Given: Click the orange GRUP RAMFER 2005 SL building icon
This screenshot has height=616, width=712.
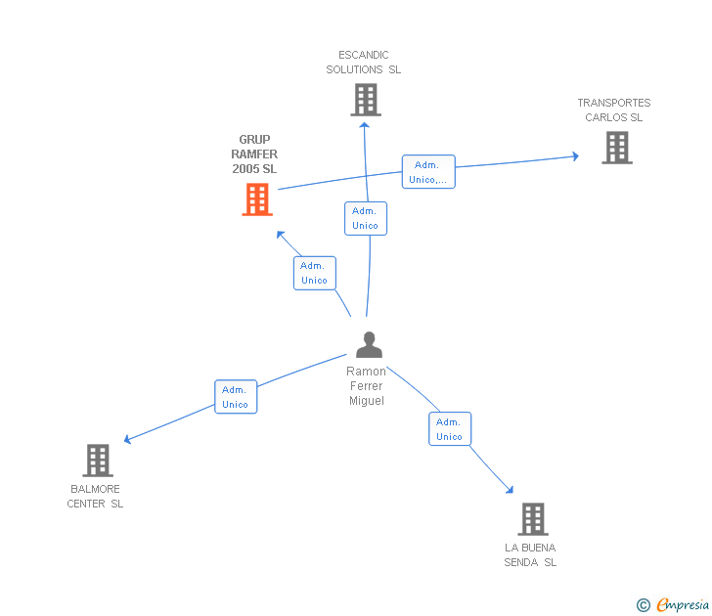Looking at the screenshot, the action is [257, 199].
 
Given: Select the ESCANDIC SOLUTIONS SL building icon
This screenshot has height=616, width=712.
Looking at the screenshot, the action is [365, 100].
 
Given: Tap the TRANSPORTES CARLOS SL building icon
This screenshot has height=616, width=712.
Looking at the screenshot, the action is [616, 148].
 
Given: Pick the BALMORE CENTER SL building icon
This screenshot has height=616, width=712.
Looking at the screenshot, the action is [98, 460].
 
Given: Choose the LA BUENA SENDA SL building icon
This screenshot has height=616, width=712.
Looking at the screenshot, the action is [532, 518].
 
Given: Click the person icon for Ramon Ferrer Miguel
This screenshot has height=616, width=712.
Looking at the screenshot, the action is [369, 345].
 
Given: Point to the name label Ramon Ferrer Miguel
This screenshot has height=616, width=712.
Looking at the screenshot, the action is [367, 385].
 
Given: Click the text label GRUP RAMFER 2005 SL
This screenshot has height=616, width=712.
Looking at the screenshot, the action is [254, 154].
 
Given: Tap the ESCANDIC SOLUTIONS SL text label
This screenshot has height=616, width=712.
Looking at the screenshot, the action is [364, 63].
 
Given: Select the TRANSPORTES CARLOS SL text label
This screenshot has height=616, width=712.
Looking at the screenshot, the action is [614, 110].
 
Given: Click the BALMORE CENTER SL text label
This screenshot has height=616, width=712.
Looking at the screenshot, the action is [95, 497].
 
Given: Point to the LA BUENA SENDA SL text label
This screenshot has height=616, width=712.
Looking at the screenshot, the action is [530, 554].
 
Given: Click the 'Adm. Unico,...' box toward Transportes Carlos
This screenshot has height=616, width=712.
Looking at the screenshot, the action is [428, 172].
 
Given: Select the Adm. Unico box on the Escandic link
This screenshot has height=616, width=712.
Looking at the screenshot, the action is [365, 218].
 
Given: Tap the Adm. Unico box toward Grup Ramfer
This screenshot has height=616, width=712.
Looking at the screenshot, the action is [314, 273].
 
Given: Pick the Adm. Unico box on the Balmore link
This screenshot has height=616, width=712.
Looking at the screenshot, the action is [236, 397].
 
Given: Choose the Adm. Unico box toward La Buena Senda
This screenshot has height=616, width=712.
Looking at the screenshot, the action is [450, 429].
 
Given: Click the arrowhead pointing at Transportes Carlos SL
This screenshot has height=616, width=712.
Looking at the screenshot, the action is [574, 155].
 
